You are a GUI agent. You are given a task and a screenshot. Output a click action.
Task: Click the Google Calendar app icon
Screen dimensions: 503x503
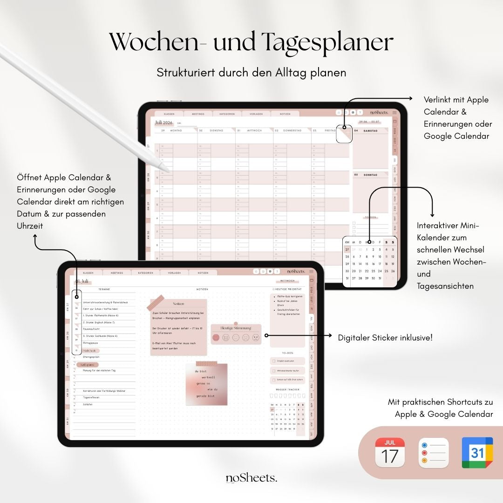(x=477, y=452)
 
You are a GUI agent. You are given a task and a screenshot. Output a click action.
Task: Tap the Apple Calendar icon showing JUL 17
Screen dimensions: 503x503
(x=390, y=452)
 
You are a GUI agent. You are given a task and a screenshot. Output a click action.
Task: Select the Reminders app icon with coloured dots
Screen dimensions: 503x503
(x=433, y=452)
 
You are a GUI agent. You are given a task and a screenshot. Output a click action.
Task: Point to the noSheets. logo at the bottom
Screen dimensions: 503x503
(x=251, y=478)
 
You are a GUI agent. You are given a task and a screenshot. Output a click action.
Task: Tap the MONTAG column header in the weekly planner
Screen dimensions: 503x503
(x=176, y=131)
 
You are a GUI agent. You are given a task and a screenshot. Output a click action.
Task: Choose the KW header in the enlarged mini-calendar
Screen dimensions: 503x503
(x=347, y=242)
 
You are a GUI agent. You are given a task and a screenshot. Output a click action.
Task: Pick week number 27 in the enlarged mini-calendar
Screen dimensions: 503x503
(x=347, y=250)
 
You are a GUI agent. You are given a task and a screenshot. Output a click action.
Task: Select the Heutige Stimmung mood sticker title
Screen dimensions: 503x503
(x=236, y=328)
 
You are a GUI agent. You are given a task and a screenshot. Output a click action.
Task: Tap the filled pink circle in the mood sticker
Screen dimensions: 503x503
(x=216, y=338)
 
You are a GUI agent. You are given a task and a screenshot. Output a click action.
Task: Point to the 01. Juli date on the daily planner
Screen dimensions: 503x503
(x=82, y=281)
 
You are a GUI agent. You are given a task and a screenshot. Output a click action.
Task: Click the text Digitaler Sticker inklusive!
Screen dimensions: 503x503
(x=385, y=337)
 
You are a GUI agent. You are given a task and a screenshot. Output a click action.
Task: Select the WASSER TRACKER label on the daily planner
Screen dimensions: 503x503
(x=287, y=389)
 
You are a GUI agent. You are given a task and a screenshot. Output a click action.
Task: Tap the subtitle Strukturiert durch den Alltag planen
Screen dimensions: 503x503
(x=251, y=73)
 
